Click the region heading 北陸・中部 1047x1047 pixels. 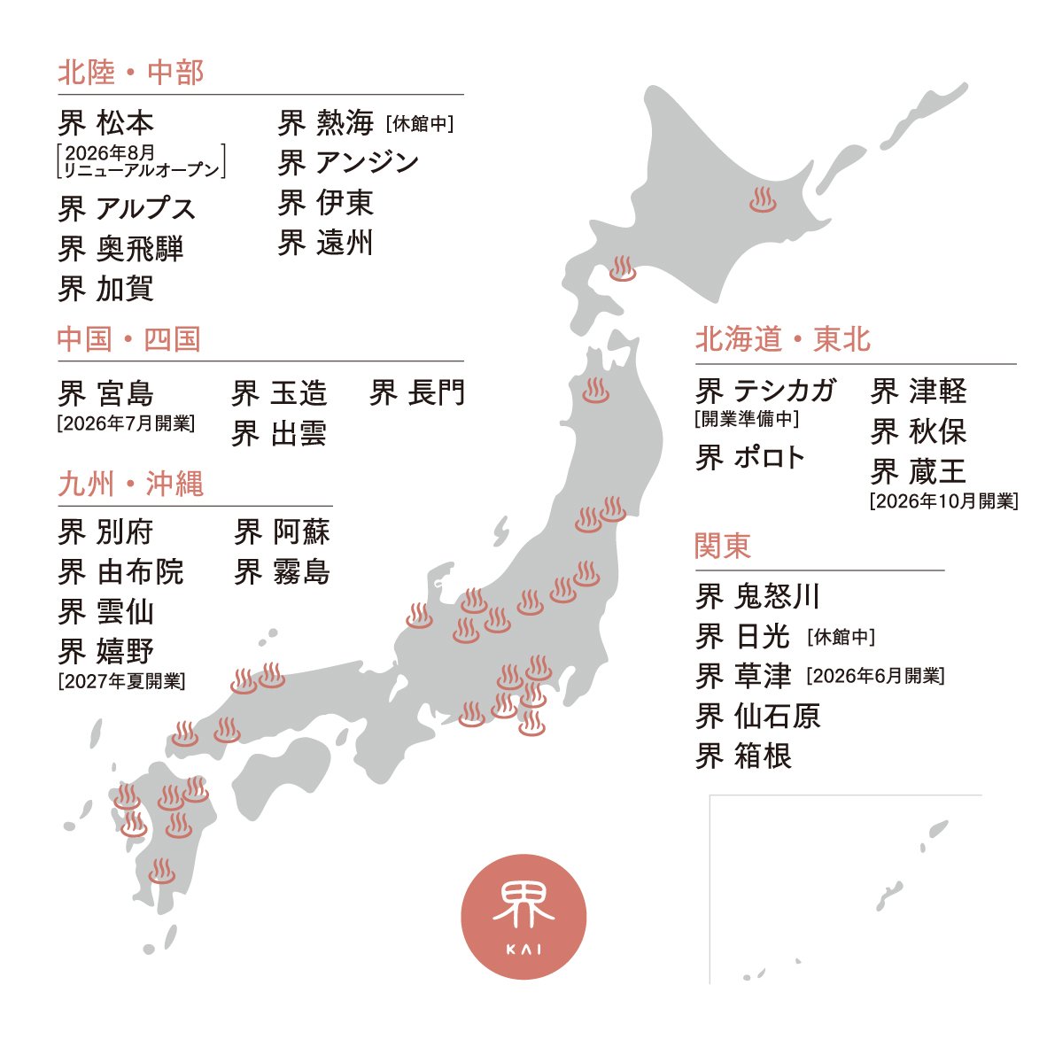pos(131,73)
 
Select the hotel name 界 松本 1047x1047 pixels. pos(106,122)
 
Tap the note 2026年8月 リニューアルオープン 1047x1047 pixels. pos(140,161)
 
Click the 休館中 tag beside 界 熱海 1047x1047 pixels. pos(420,123)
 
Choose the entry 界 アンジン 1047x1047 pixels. pos(348,163)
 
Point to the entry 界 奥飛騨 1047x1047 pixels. pos(121,249)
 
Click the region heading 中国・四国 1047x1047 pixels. pos(129,339)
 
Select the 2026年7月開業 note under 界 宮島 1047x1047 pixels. pos(126,423)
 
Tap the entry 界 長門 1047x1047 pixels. pos(417,393)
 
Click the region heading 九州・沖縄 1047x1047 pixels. pos(131,485)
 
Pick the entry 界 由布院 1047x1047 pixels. pos(121,572)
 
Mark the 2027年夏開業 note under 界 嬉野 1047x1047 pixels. pos(121,681)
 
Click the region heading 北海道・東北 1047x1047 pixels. pos(783,339)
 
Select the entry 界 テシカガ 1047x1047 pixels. pos(766,391)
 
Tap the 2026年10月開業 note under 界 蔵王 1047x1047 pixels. pos(943,501)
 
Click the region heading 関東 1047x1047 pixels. pos(723,546)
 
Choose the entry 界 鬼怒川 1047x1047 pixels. pos(758,597)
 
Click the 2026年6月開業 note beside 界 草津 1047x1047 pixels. pos(875,677)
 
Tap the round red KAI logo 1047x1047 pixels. pos(523,917)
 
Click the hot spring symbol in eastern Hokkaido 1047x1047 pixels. pos(763,200)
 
